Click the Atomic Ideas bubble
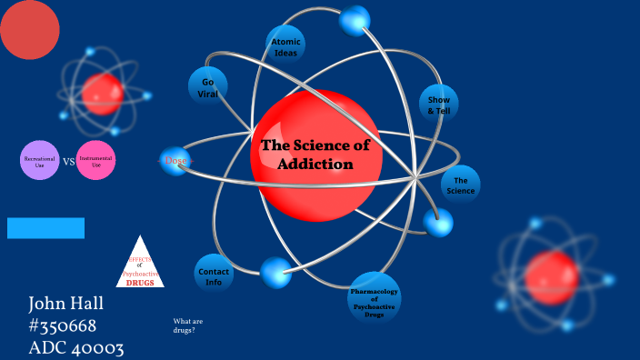(x=285, y=44)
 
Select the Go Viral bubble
(x=208, y=86)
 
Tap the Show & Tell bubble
(x=439, y=105)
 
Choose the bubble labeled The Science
(x=461, y=185)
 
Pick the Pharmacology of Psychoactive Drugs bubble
(x=375, y=297)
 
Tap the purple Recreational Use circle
(x=39, y=161)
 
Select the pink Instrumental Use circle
(x=96, y=161)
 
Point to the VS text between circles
(x=68, y=163)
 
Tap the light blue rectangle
(x=45, y=228)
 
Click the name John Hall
(x=65, y=304)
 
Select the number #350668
(x=63, y=325)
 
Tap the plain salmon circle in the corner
(x=28, y=28)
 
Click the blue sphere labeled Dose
(x=174, y=161)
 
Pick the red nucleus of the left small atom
(x=102, y=91)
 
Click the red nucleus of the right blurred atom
(x=551, y=277)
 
